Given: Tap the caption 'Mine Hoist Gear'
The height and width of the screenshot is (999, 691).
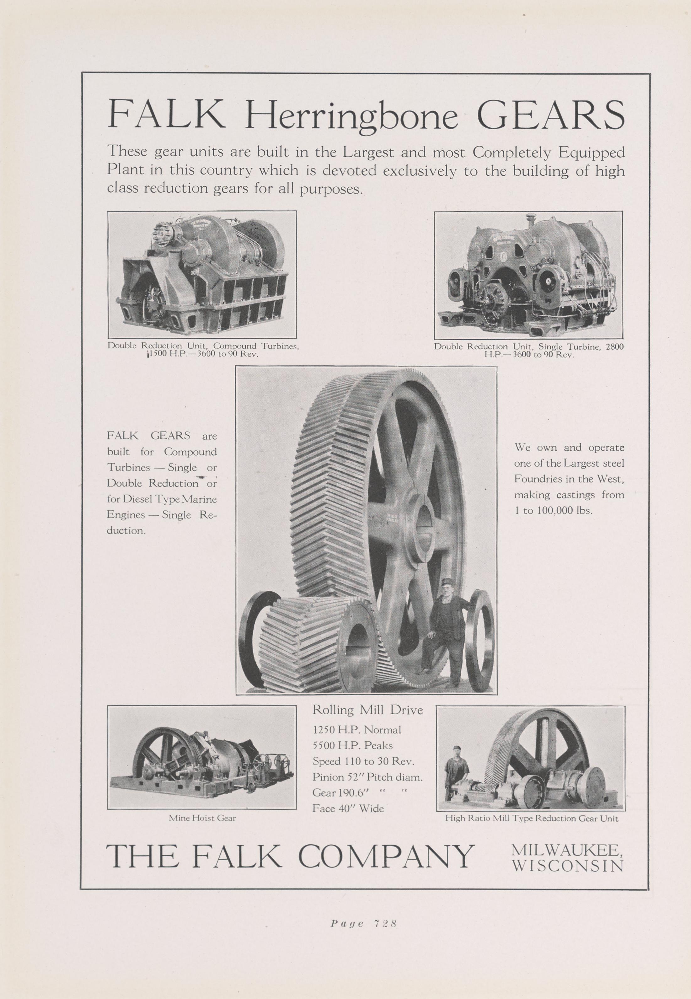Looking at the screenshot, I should click(202, 818).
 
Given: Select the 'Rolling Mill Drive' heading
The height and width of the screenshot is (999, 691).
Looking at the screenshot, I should click(367, 710).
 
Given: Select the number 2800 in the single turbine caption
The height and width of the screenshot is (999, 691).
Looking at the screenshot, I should click(614, 346).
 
